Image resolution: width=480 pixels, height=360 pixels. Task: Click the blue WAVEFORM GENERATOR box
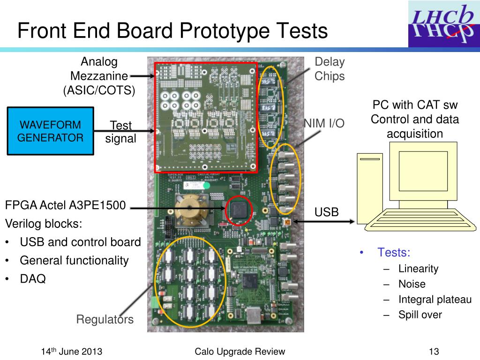click(x=50, y=131)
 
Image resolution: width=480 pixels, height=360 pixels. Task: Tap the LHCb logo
click(x=443, y=24)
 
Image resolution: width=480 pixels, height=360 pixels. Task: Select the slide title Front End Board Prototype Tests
click(x=172, y=31)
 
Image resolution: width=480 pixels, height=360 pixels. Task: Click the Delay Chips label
click(x=330, y=69)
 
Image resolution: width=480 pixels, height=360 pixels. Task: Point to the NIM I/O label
click(x=324, y=123)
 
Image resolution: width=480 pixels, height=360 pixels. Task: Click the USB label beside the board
click(x=326, y=212)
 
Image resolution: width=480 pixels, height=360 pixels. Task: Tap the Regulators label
click(x=105, y=320)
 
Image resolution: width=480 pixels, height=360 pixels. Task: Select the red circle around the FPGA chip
click(x=239, y=211)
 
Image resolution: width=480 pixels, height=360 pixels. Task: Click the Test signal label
click(x=120, y=132)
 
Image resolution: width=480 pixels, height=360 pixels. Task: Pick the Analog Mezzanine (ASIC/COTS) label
click(x=99, y=76)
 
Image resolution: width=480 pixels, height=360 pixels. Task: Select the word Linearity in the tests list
click(x=418, y=269)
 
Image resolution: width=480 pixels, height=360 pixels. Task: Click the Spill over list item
click(x=420, y=315)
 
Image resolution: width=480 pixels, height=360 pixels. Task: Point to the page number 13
click(x=433, y=352)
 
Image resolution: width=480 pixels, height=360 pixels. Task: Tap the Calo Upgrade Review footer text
click(x=240, y=352)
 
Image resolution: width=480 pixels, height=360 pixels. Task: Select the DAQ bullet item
click(x=32, y=279)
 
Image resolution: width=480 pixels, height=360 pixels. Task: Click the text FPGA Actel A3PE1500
click(x=66, y=205)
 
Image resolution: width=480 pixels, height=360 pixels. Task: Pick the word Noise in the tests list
click(x=412, y=284)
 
